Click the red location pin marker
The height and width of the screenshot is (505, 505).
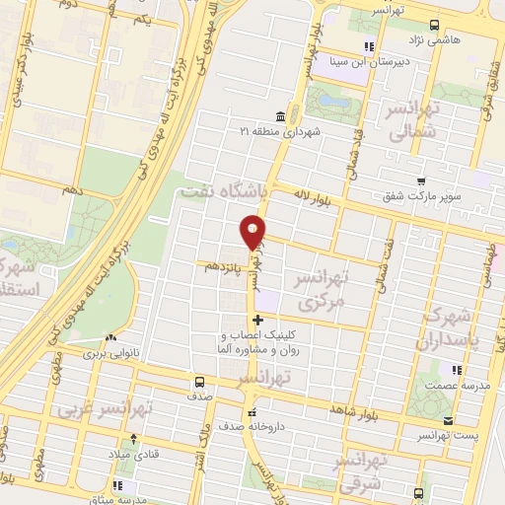click(254, 232)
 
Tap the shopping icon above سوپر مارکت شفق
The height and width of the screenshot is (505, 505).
click(420, 181)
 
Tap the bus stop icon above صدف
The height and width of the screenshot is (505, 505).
click(200, 381)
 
